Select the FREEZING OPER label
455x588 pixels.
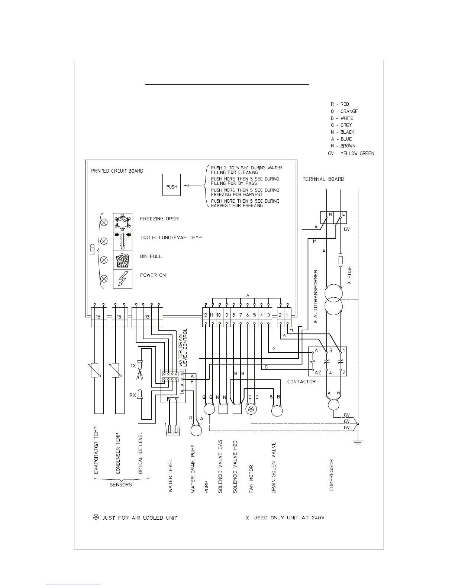tap(159, 219)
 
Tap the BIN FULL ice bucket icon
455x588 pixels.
tap(122, 260)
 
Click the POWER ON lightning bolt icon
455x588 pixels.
tap(122, 279)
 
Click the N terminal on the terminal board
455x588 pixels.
tap(330, 215)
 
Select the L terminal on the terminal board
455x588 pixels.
tap(343, 215)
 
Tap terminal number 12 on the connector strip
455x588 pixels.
tap(205, 315)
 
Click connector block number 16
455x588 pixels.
tap(98, 317)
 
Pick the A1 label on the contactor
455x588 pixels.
tap(317, 350)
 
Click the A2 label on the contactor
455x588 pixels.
tap(317, 372)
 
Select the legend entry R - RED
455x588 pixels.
tap(340, 104)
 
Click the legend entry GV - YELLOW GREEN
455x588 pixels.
tap(351, 153)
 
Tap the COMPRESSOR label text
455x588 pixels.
tap(332, 475)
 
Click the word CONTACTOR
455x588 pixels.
tap(301, 382)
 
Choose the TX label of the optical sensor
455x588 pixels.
tap(133, 366)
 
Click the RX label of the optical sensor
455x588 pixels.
tap(133, 395)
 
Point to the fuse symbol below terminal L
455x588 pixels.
tap(340, 260)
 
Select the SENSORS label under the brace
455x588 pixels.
tap(121, 484)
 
